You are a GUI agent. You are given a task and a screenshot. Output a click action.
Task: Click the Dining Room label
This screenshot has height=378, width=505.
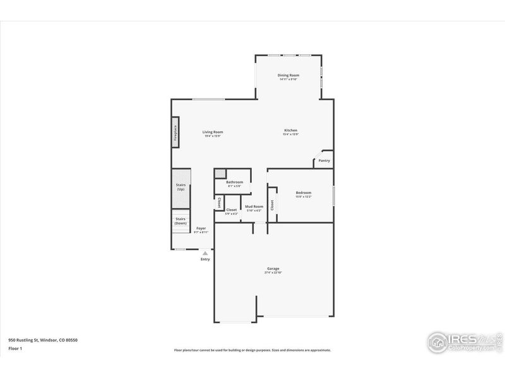pyautogui.click(x=288, y=75)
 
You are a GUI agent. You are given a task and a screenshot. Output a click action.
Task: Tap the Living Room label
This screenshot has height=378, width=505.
pyautogui.click(x=213, y=132)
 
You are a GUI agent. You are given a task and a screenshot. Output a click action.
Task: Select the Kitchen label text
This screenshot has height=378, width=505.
pyautogui.click(x=290, y=130)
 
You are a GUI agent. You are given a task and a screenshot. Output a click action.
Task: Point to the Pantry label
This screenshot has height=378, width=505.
pyautogui.click(x=324, y=161)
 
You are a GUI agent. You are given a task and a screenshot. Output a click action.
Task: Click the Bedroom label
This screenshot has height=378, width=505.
pyautogui.click(x=304, y=193)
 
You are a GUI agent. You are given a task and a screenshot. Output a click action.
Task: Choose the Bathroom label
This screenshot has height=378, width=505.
pyautogui.click(x=235, y=182)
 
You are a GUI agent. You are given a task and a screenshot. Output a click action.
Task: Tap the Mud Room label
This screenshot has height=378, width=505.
pyautogui.click(x=254, y=207)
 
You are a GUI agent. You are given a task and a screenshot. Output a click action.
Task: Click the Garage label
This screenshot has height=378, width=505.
pyautogui.click(x=273, y=268)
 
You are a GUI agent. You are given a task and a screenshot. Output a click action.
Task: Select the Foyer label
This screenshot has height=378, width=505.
pyautogui.click(x=201, y=228)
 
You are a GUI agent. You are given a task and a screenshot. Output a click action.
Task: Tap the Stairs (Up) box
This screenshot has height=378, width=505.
pyautogui.click(x=181, y=188)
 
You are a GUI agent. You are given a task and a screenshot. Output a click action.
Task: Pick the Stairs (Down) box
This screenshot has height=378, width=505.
pyautogui.click(x=181, y=221)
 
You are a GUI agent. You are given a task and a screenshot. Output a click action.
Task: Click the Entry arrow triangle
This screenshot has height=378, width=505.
pyautogui.click(x=205, y=253)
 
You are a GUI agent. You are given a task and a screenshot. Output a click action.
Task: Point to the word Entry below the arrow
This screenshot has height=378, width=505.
pyautogui.click(x=205, y=259)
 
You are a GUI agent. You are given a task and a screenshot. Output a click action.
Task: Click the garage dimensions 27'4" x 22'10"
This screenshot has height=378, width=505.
pyautogui.click(x=273, y=272)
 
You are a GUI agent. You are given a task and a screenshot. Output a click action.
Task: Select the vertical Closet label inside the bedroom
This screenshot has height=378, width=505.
pyautogui.click(x=272, y=205)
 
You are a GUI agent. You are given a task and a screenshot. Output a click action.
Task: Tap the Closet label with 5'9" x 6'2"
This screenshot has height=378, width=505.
pyautogui.click(x=232, y=210)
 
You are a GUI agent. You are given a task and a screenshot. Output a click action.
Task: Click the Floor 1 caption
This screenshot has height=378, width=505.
pyautogui.click(x=16, y=348)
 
